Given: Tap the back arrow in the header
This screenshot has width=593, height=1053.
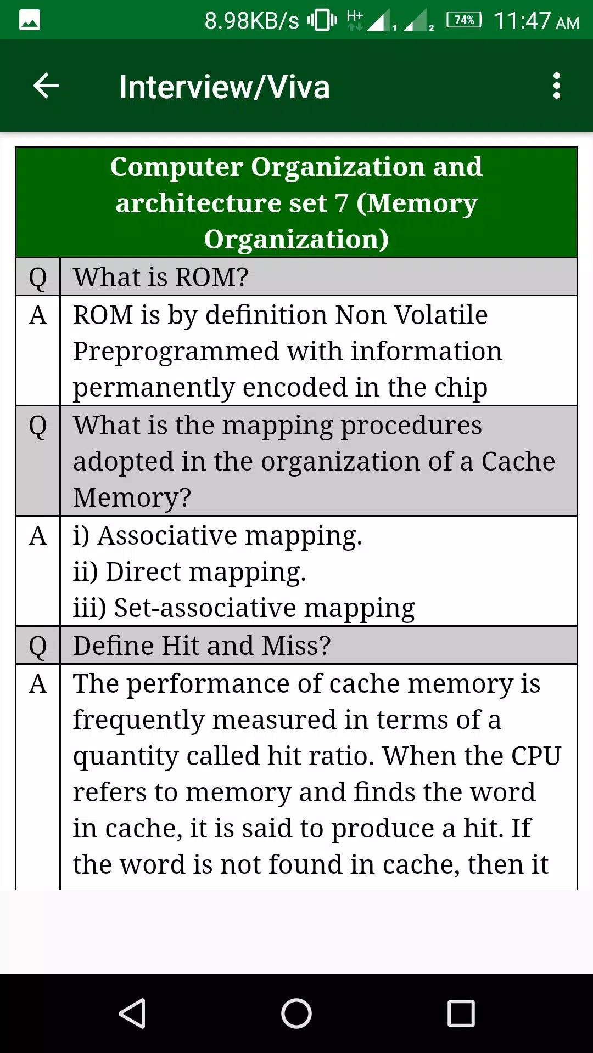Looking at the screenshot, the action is point(46,86).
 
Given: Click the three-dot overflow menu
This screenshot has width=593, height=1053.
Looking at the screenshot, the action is point(557,86).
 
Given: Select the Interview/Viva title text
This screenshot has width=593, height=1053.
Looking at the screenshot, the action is point(225,87).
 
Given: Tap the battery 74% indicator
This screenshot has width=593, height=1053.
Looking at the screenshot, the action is point(465,20).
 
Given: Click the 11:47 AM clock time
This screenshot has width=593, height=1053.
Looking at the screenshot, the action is point(536,21).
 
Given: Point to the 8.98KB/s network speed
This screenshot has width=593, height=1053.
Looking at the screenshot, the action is point(251,21).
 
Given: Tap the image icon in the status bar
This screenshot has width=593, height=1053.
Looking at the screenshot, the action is point(30,20).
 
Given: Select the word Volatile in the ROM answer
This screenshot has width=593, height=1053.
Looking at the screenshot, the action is point(441,315).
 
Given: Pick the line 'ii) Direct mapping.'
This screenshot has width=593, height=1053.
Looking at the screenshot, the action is point(189,572).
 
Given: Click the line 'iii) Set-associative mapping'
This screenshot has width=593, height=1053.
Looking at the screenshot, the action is point(244,608).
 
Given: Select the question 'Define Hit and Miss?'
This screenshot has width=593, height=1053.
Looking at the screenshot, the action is point(202,646).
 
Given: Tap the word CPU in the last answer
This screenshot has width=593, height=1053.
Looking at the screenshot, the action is point(536,756).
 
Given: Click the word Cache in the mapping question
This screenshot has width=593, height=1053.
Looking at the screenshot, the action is point(518,461).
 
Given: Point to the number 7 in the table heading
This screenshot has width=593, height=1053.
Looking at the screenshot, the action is point(342,203).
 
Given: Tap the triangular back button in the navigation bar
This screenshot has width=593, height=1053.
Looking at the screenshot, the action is point(132,1013).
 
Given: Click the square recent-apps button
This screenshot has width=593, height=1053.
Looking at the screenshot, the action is point(461,1013).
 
